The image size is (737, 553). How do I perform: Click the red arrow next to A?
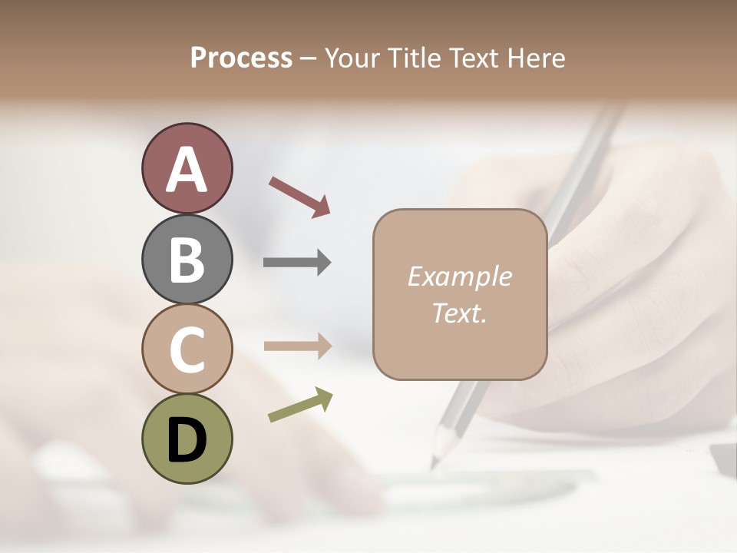click(299, 197)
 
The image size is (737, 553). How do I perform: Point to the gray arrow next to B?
click(297, 263)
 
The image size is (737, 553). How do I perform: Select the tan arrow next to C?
click(297, 346)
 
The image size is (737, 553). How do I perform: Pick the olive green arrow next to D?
click(300, 406)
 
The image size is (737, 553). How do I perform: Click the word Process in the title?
click(241, 58)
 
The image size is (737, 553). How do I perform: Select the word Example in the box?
click(459, 276)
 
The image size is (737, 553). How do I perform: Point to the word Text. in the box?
click(459, 313)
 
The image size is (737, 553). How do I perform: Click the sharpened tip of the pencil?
click(435, 464)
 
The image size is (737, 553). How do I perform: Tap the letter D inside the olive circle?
click(187, 439)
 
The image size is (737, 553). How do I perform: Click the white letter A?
click(187, 171)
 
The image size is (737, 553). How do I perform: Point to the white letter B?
click(187, 260)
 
